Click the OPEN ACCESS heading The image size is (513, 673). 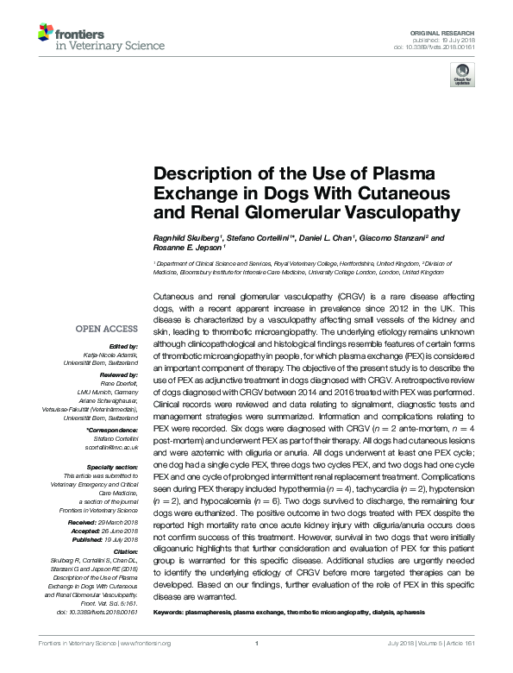click(x=106, y=329)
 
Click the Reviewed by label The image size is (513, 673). click(x=119, y=376)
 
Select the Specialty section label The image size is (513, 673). click(x=112, y=467)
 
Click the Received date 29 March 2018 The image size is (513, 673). click(x=117, y=522)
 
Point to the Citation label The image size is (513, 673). click(x=124, y=550)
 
